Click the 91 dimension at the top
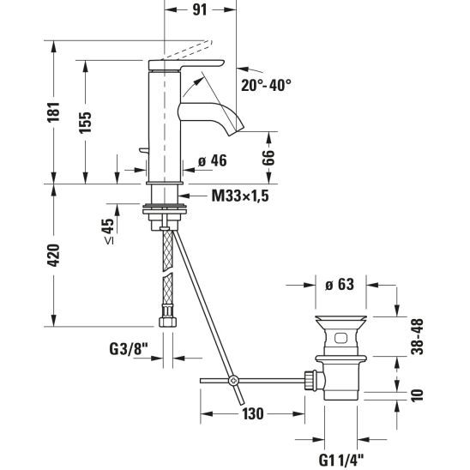(200, 9)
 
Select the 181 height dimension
(54, 112)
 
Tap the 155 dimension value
(85, 123)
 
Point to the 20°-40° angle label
(266, 85)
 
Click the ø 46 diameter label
(213, 161)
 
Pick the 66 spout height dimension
(268, 157)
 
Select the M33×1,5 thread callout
(240, 196)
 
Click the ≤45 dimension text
(110, 231)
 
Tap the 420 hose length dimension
(54, 256)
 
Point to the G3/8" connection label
(129, 349)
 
